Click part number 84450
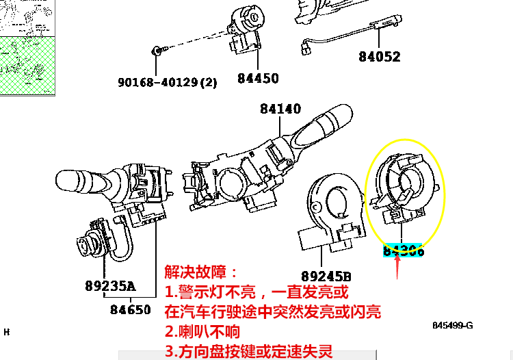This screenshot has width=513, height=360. pos(258,78)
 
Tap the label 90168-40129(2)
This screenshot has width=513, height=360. pos(167,82)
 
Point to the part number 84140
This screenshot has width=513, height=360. pos(280,108)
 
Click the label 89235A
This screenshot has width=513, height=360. pos(110,285)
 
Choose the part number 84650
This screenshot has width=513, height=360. pos(130,309)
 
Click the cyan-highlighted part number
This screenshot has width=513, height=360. pos(404,250)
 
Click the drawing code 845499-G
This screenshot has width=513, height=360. pos(451,325)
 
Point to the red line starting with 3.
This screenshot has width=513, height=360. pos(249,352)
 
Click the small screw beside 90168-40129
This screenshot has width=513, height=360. pos(157,51)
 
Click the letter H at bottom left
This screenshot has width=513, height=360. pos(7,332)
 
